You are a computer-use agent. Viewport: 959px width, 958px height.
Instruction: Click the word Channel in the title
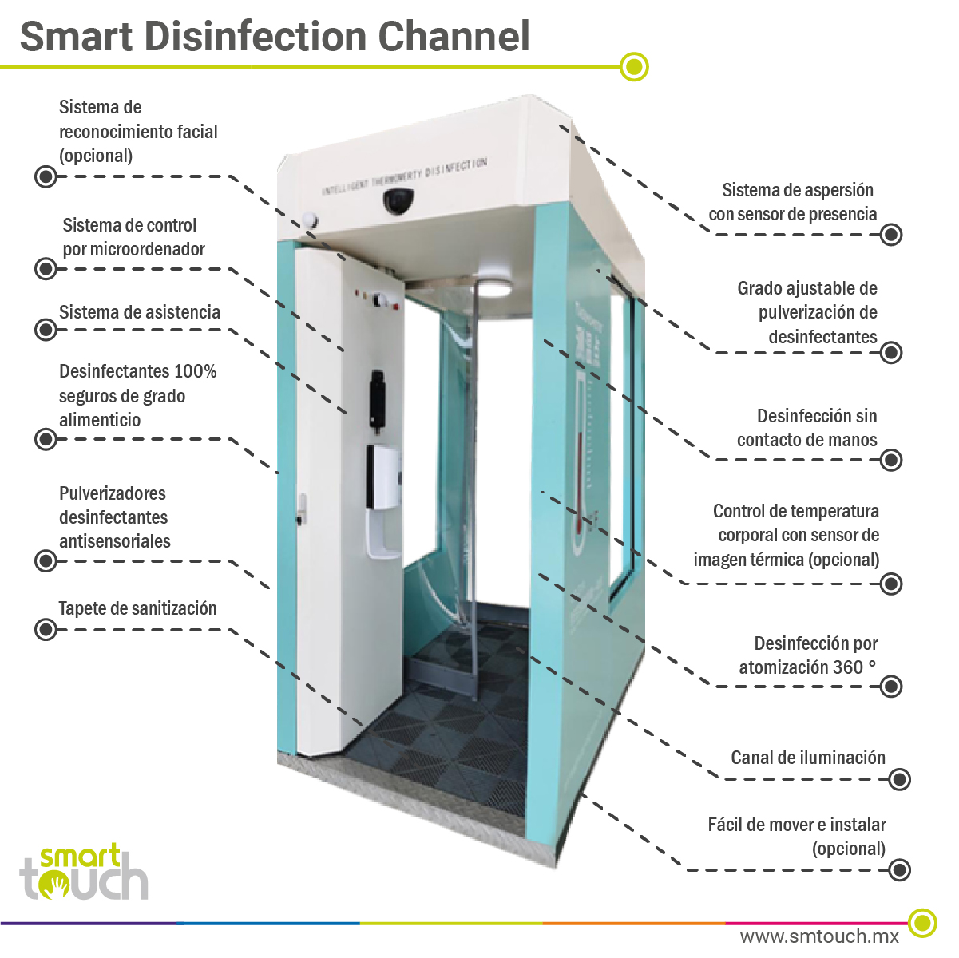(453, 36)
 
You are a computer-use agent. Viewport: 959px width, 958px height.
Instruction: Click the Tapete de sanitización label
(138, 608)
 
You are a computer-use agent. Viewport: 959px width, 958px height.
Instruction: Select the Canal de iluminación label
(808, 758)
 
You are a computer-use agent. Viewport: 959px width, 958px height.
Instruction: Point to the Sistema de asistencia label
(140, 312)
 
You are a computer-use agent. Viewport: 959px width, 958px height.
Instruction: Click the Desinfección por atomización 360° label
(808, 655)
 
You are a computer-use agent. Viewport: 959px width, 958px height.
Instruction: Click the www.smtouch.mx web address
(819, 936)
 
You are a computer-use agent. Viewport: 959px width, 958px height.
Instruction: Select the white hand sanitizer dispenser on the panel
(382, 477)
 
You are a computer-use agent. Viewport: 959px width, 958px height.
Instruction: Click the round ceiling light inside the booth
(494, 285)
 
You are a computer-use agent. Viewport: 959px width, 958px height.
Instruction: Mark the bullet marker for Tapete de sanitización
(46, 630)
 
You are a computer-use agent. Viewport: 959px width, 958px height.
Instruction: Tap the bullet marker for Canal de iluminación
(899, 779)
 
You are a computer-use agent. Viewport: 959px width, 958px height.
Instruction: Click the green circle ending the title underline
(635, 67)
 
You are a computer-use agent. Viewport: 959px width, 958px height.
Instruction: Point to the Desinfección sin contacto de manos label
(806, 428)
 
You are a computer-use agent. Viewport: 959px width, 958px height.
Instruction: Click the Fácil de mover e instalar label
(796, 836)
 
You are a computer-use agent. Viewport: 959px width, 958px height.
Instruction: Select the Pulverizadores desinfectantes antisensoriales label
(114, 517)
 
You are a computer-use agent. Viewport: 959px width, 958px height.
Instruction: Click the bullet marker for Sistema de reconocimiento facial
(46, 176)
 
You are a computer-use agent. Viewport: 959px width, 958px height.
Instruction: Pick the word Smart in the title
(77, 36)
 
